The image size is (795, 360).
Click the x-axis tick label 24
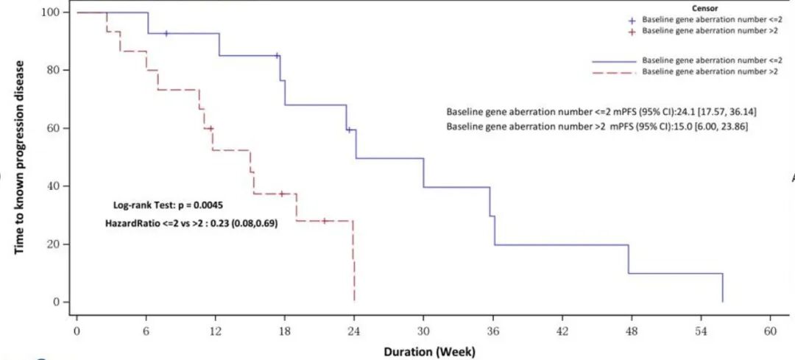[354, 331]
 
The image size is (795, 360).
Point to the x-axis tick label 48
[632, 331]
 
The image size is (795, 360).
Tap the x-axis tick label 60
[771, 331]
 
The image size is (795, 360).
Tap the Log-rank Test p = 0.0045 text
[159, 203]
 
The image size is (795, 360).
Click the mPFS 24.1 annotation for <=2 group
[597, 111]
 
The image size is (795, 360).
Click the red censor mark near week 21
[324, 221]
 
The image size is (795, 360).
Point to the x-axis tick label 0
[77, 331]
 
